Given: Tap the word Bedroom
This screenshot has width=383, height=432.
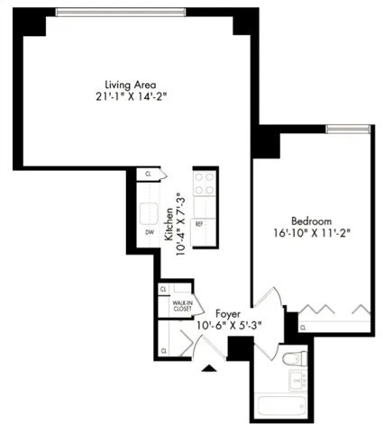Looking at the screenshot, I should coord(312,220).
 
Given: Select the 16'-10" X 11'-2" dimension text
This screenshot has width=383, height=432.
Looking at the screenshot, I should coord(312,232).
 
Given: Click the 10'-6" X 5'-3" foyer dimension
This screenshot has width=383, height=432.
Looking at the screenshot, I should coord(226,327).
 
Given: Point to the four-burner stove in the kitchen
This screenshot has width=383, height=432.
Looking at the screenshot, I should coord(205,184).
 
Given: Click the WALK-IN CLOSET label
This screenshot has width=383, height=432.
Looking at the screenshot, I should coord(184,302).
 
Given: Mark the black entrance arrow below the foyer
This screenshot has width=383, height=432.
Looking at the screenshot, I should coord(210,367).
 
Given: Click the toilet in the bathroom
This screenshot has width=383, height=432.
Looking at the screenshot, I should coord(289,360).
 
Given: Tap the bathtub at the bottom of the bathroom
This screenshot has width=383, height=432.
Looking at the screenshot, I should coord(279,407).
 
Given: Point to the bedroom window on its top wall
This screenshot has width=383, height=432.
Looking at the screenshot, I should coord(348,130).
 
